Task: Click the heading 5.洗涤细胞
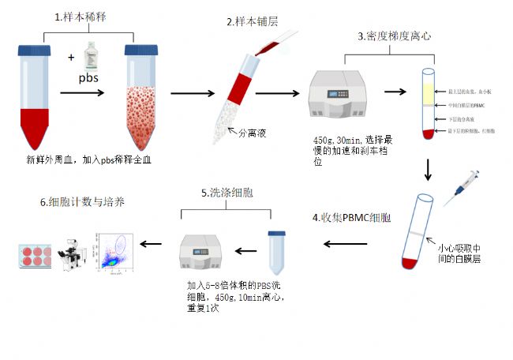point(229,193)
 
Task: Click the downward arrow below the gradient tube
point(428,169)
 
